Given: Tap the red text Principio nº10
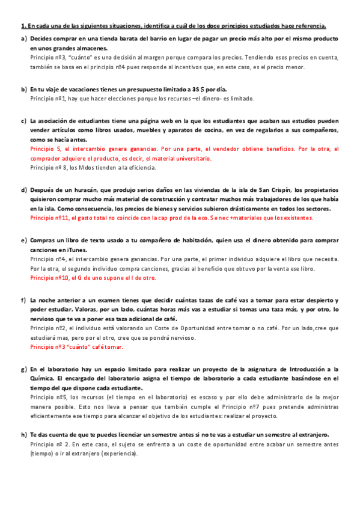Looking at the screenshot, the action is point(50,278).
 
